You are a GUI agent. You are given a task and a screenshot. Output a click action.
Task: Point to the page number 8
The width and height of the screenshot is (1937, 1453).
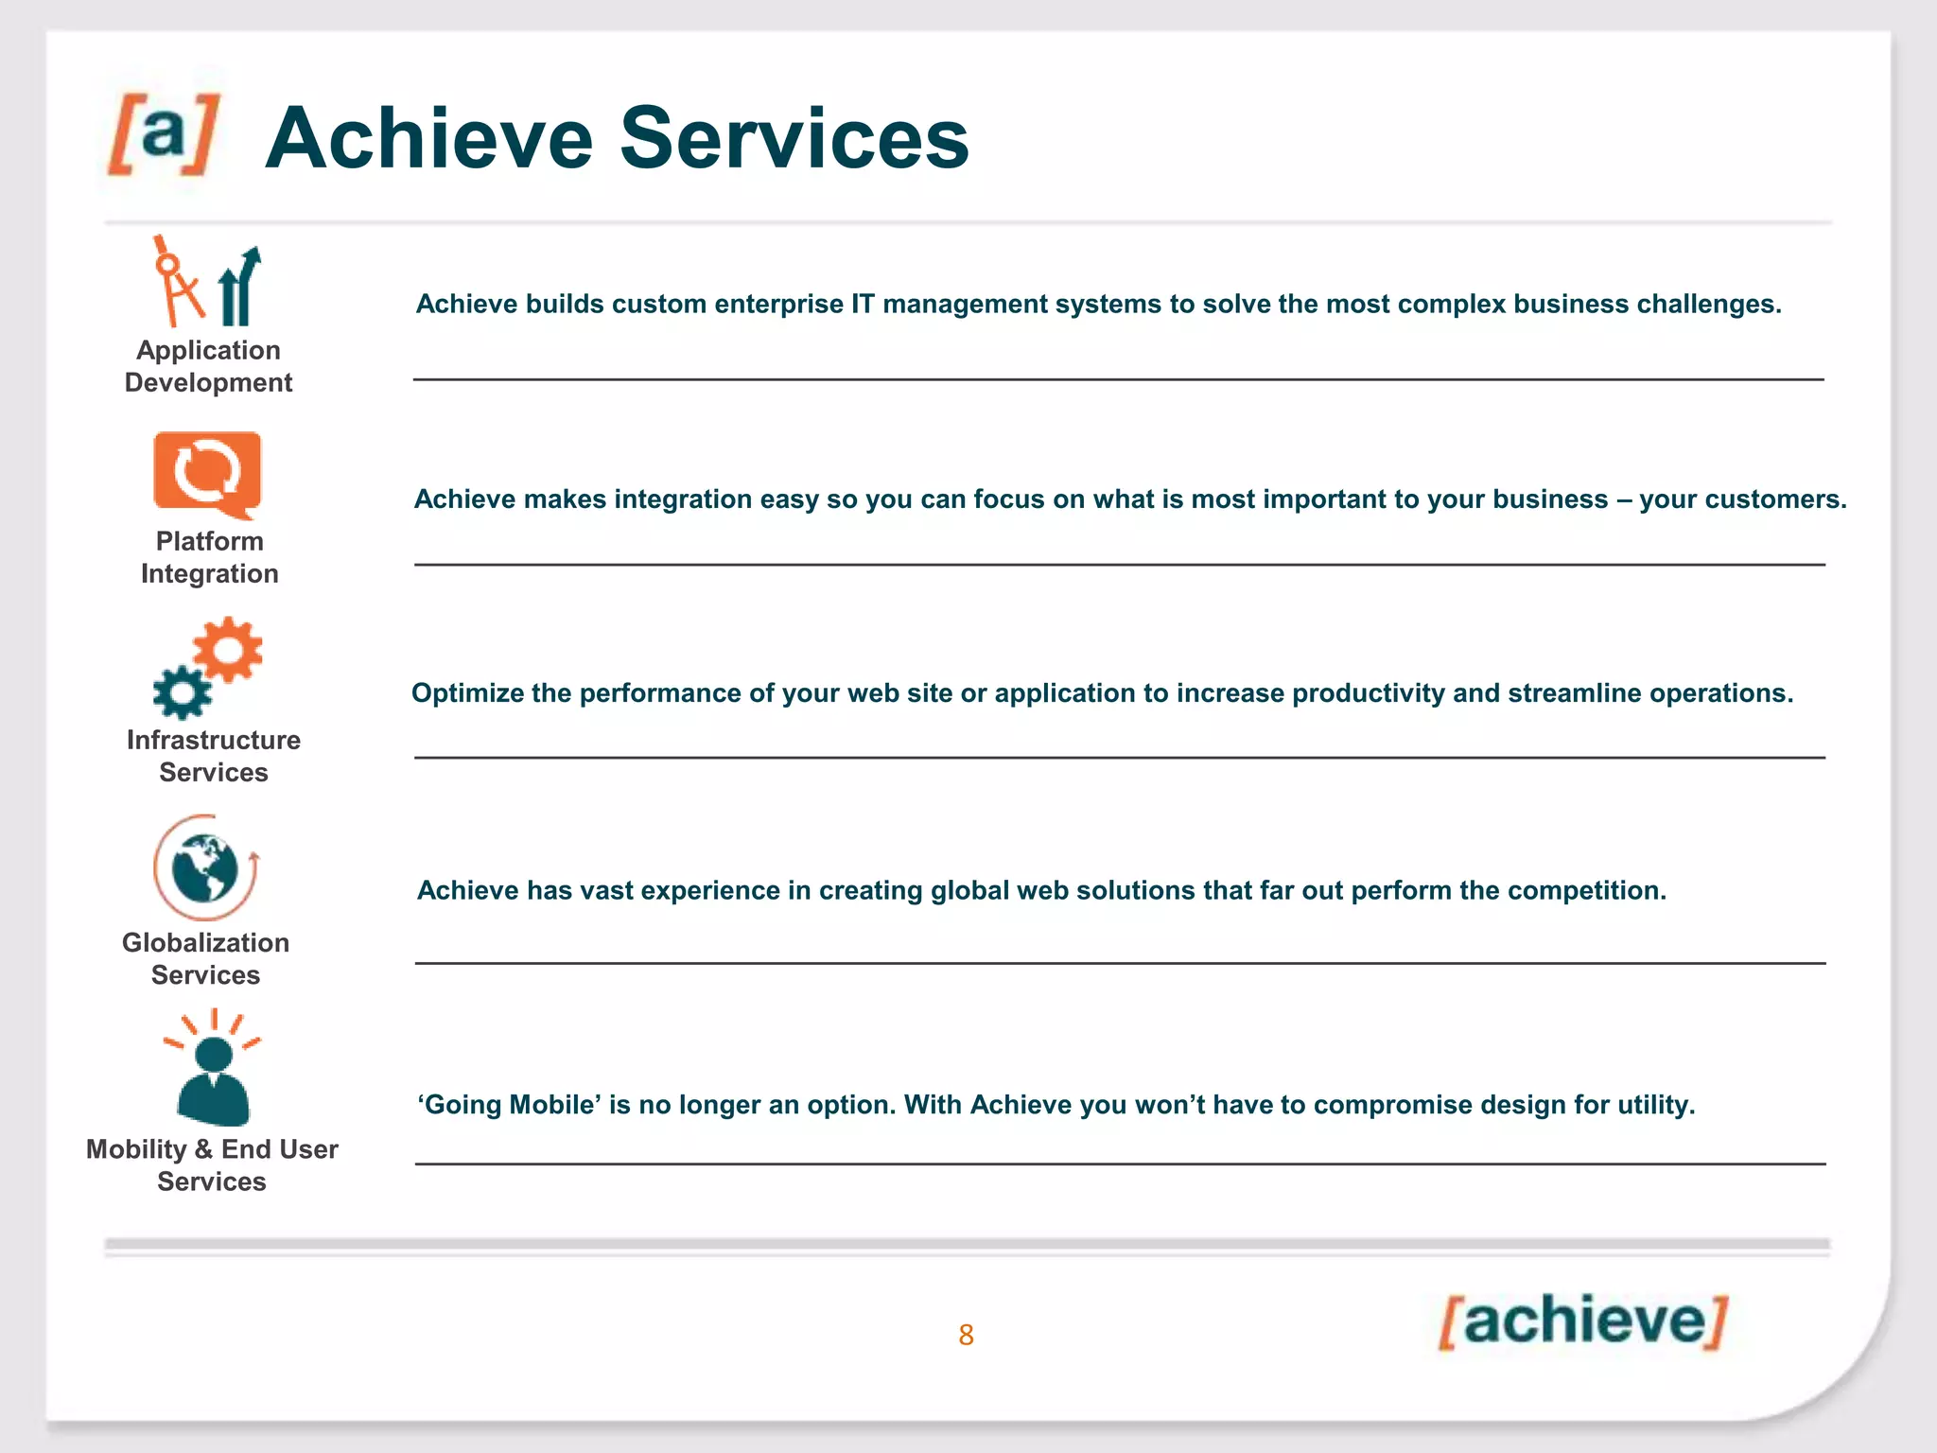coord(966,1335)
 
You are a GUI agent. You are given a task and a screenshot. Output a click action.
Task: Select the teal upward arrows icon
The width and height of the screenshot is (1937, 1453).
coord(238,288)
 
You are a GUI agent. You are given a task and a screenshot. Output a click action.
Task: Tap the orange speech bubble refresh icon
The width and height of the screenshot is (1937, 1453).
coord(207,473)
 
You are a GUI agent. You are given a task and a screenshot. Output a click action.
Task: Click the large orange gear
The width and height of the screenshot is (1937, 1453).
coord(227,649)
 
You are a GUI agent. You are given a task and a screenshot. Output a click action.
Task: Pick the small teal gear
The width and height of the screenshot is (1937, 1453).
coord(182,692)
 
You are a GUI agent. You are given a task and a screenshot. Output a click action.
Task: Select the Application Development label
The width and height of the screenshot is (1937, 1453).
coord(208,366)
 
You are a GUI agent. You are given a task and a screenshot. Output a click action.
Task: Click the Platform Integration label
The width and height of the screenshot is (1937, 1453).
coord(209,557)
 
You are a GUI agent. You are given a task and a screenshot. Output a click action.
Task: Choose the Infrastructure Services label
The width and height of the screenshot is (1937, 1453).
coord(214,756)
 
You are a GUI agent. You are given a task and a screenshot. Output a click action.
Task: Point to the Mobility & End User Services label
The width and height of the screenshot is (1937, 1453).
coord(212,1164)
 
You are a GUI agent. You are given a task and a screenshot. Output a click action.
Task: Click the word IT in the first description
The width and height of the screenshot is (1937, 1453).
coord(863,304)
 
